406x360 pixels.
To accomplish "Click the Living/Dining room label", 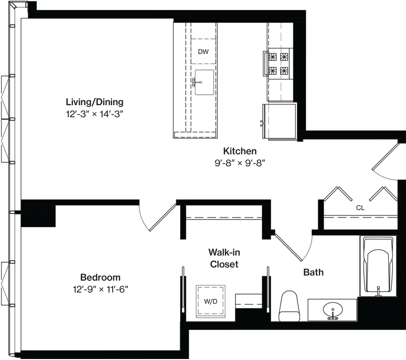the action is pos(94,102).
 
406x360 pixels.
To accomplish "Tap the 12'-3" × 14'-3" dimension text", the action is pos(94,114).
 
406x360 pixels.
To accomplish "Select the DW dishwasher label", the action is pos(204,52).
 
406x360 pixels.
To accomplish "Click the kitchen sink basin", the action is pos(205,82).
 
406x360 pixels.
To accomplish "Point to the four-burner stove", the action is pos(279,63).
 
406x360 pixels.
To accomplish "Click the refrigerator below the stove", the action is pos(280,122).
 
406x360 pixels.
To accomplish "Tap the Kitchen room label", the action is pos(240,151).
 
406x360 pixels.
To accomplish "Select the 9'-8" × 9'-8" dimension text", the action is pos(240,163).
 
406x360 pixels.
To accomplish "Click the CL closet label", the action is pos(360,208).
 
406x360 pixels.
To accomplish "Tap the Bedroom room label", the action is pos(100,277).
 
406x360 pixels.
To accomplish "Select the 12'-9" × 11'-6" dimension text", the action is pos(100,289).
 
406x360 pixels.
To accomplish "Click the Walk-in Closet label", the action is pos(224,258).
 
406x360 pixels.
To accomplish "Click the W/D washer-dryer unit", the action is pos(211,301).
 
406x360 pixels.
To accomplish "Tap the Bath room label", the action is pos(313,272).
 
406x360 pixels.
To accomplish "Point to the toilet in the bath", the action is pos(289,306).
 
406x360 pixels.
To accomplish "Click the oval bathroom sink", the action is pos(333,310).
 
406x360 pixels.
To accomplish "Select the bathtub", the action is pos(378,266).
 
